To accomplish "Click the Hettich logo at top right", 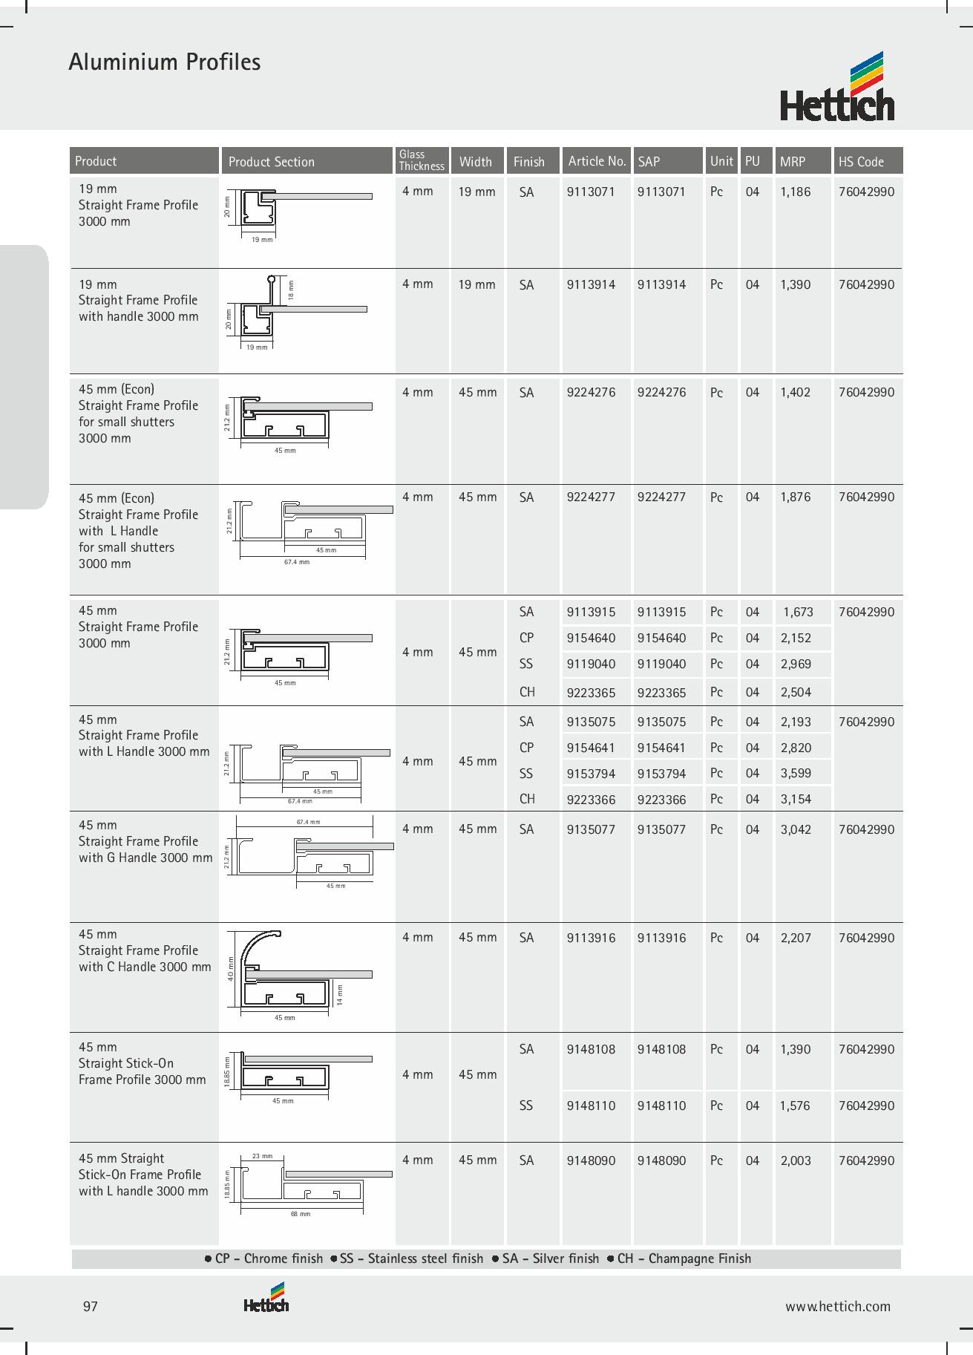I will coord(836,88).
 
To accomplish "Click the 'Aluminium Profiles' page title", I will coord(164,62).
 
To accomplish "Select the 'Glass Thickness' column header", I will coord(421,160).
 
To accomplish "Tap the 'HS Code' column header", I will coord(861,161).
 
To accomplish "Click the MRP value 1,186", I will coord(796,192).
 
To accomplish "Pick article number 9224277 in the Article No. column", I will coord(591,497).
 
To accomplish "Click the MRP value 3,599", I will coord(796,773).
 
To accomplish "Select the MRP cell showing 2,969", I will coord(796,664).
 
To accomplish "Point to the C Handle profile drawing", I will coord(297,973).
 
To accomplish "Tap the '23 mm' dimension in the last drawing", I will coord(263,1156).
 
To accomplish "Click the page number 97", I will coord(91,1307).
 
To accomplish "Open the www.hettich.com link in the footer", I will coord(838,1307).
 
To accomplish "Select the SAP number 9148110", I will coord(661,1106).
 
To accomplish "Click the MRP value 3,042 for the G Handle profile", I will coord(796,829).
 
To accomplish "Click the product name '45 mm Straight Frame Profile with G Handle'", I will coord(145,841).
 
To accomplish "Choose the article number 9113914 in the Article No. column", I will coord(591,284).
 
